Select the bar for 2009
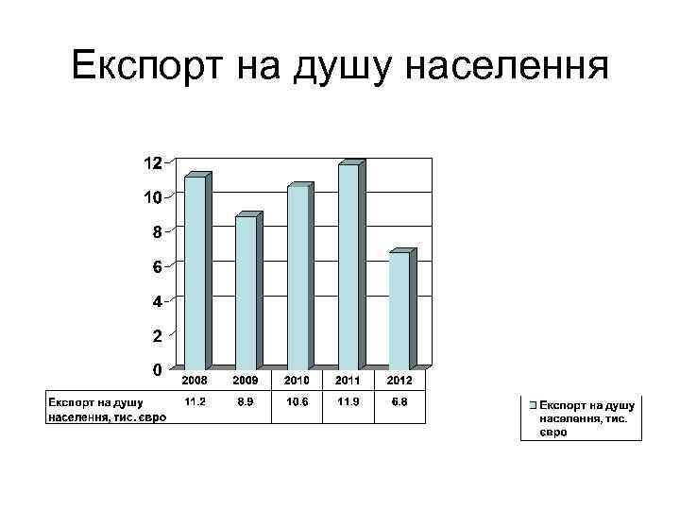[246, 292]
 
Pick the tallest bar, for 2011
[348, 266]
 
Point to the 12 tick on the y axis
[151, 163]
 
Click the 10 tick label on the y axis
[151, 197]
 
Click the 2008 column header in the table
[195, 379]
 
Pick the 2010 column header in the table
[297, 379]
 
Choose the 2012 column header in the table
[399, 379]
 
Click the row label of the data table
[106, 409]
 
